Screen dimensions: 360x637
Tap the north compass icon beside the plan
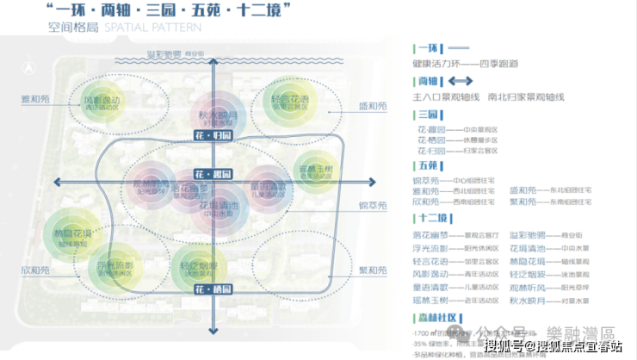pos(28,65)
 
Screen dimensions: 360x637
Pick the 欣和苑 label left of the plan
pos(36,270)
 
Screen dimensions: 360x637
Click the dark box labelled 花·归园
pos(213,135)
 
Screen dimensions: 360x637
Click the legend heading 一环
pos(427,49)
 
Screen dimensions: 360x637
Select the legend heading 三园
pos(427,115)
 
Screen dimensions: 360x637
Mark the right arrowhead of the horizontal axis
pos(372,182)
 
